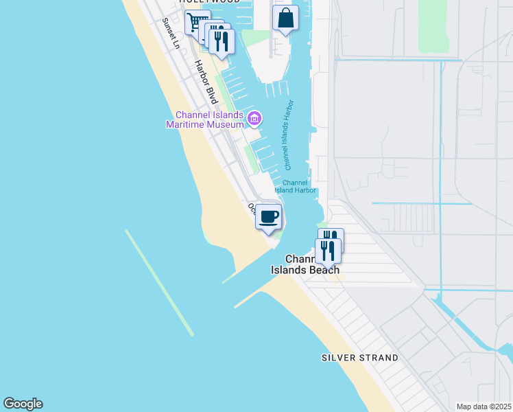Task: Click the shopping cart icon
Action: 195,23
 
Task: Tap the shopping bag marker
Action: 285,19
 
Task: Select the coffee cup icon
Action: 269,216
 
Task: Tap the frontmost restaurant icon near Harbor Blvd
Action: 222,41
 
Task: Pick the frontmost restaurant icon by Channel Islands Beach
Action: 328,251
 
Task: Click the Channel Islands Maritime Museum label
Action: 205,119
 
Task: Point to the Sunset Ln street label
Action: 170,34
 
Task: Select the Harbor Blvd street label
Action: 206,82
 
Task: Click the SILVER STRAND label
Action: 360,358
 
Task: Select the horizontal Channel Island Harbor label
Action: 296,187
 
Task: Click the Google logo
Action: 23,404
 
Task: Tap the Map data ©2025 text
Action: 484,407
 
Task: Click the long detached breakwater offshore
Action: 159,282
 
